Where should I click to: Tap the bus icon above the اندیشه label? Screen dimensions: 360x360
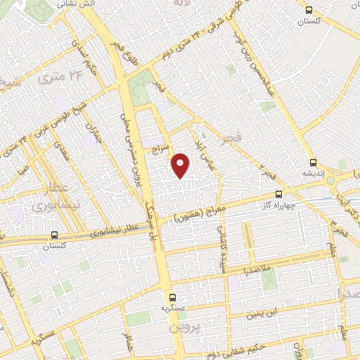point(313,162)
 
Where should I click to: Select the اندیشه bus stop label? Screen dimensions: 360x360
point(314,173)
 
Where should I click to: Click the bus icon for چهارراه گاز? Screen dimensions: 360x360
point(278,194)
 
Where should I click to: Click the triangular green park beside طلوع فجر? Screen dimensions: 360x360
point(141,85)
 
